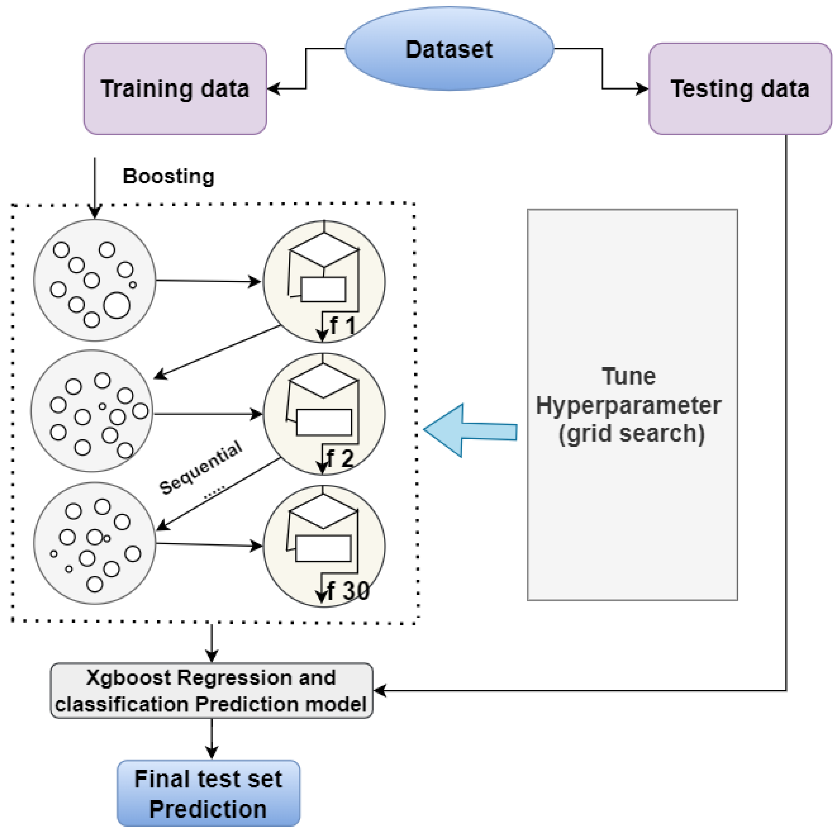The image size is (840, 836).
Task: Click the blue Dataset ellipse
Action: point(449,49)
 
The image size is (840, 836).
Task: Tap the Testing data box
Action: point(740,89)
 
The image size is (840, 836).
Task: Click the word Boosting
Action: point(168,176)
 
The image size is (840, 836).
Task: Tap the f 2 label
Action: point(340,458)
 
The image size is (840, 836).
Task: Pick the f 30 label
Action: point(348,591)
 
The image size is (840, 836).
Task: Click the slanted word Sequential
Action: point(201,467)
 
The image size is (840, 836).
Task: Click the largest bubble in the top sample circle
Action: point(117,305)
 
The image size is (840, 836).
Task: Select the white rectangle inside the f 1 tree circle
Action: point(323,289)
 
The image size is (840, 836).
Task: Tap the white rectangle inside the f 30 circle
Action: point(323,548)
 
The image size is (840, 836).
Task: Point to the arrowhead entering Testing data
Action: point(642,89)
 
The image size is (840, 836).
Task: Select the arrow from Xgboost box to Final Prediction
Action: point(211,739)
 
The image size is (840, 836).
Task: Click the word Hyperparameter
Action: point(628,405)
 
